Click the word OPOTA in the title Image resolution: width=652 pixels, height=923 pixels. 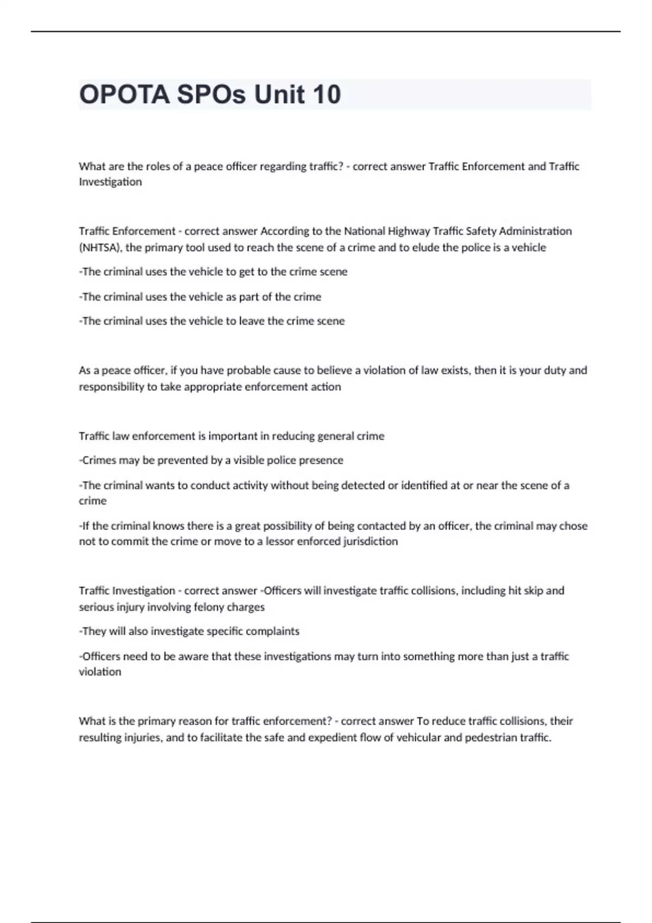coord(124,94)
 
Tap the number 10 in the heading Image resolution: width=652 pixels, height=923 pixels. coord(326,94)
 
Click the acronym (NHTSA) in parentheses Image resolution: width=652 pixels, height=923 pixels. coord(101,248)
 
